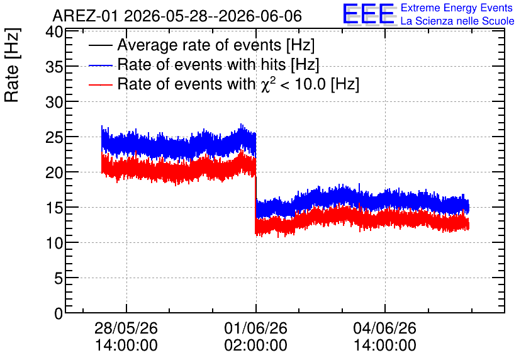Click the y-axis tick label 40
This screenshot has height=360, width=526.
54,33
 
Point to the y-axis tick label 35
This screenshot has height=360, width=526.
54,67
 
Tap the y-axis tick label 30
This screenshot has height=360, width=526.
54,103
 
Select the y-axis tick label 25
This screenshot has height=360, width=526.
54,138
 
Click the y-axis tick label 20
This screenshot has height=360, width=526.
54,173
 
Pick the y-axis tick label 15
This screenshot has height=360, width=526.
54,208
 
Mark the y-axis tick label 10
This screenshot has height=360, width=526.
54,243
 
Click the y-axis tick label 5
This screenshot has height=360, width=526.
59,278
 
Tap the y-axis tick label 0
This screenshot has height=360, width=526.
59,313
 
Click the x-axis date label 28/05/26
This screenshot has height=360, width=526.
126,328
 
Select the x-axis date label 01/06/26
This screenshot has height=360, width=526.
255,328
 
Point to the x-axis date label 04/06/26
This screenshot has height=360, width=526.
385,328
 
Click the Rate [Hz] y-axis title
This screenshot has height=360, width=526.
13,65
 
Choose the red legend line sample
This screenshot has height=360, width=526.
100,84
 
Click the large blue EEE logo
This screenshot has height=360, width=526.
369,14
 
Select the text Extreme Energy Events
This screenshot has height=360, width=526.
457,8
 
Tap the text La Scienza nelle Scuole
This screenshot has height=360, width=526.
457,21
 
